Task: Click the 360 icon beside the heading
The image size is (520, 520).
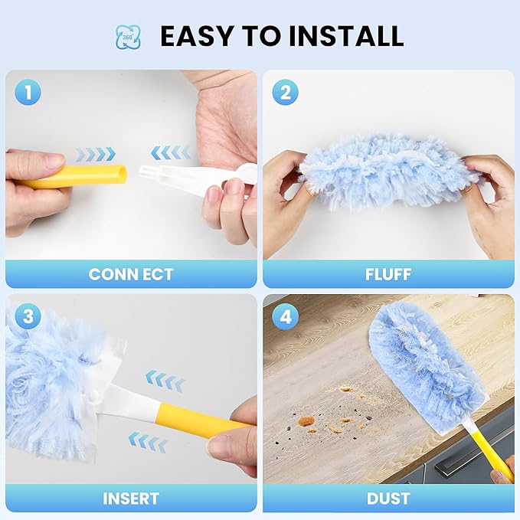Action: (x=128, y=36)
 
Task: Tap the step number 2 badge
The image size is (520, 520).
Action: (x=285, y=93)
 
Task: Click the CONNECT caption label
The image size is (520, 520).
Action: (x=130, y=274)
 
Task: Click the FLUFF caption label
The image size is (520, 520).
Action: (x=388, y=274)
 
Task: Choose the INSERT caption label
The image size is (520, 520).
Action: (x=130, y=499)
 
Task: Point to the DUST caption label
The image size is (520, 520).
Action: (x=388, y=499)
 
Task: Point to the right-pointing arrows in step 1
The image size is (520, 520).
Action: (x=96, y=154)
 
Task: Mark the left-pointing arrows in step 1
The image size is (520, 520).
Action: (x=170, y=152)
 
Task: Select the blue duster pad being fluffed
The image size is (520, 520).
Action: (x=388, y=172)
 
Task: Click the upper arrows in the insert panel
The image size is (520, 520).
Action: (x=165, y=380)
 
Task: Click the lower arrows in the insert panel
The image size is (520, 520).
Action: (x=148, y=441)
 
